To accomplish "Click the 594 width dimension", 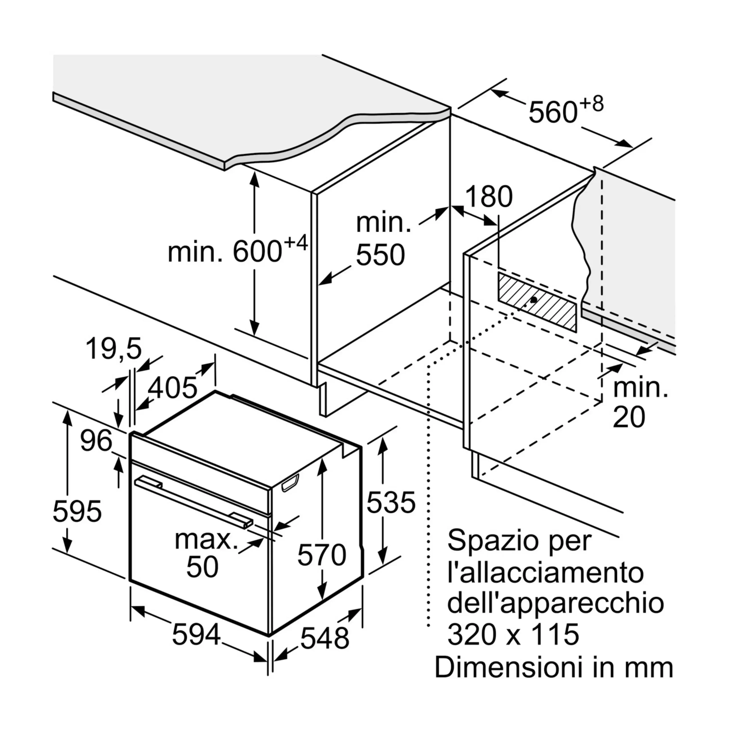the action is pos(196,634).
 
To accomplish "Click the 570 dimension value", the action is pos(322,555).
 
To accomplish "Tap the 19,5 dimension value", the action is pos(114,349).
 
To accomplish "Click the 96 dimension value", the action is pos(96,440).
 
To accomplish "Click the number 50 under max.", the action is pos(202,566).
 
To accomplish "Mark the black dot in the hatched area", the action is pos(534,300).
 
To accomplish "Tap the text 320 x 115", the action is pos(513,634).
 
